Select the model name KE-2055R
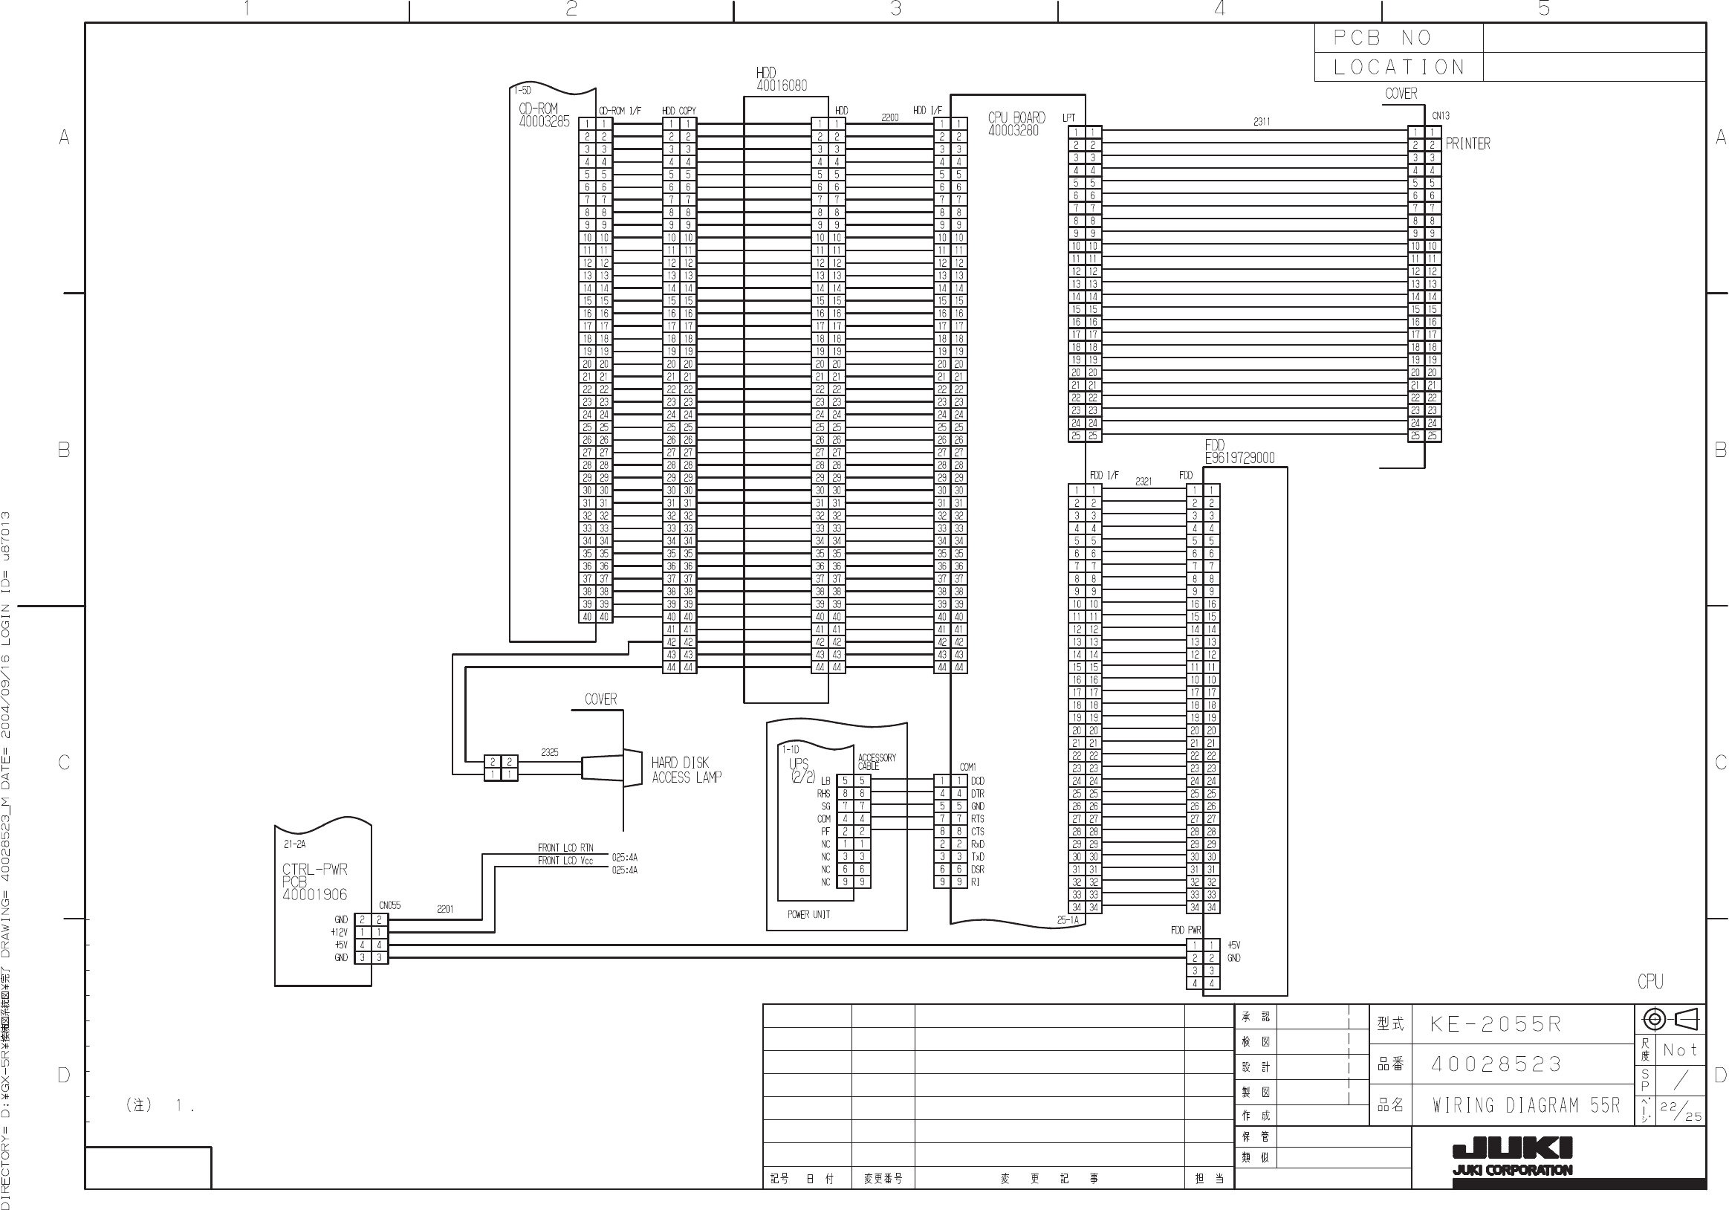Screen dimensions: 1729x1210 tap(1496, 1025)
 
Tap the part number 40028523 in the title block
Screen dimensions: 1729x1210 tap(1496, 1064)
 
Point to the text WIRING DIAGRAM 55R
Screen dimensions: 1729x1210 tap(1525, 1105)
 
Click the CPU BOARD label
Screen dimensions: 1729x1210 tap(1016, 123)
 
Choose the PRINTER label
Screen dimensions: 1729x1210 tap(1467, 144)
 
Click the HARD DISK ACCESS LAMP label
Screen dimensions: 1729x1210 tap(686, 770)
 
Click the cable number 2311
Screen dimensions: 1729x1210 tap(1262, 121)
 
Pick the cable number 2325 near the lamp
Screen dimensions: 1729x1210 tap(550, 752)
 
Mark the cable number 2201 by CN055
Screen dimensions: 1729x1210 tap(445, 910)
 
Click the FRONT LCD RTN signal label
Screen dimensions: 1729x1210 tap(565, 847)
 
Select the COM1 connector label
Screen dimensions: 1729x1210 tap(967, 767)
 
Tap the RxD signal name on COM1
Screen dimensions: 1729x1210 tap(978, 844)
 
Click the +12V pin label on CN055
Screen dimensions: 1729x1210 tap(340, 933)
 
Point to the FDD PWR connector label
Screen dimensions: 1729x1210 tap(1186, 931)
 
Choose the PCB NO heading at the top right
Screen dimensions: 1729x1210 tap(1383, 38)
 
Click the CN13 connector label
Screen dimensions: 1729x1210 tap(1440, 116)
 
